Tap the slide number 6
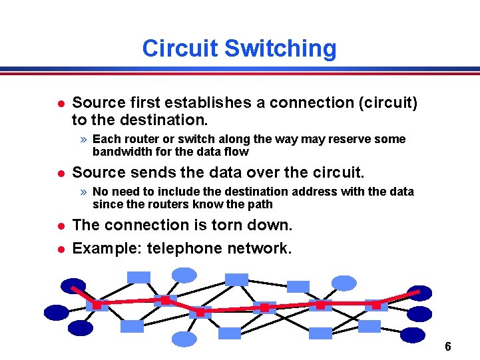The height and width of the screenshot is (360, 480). [448, 347]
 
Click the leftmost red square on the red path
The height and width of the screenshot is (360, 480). [97, 305]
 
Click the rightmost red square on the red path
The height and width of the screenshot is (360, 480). [377, 305]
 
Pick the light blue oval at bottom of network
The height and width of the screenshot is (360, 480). [184, 339]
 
